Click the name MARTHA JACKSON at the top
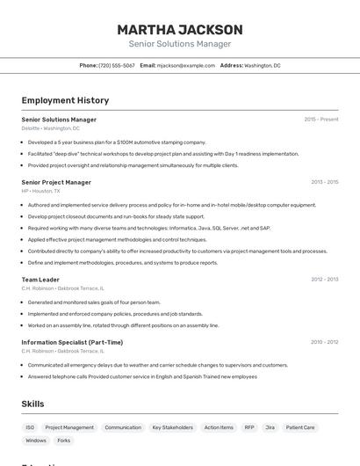180,30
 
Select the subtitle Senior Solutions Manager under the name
180,44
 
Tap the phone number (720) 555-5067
117,65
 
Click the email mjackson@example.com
186,65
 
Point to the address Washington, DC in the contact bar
263,65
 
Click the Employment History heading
65,100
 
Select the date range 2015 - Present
321,120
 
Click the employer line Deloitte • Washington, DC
50,128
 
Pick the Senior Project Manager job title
56,182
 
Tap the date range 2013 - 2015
324,182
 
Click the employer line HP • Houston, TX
40,191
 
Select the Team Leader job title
40,280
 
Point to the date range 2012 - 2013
324,280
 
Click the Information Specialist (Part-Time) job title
72,342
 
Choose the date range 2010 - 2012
324,342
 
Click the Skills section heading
33,404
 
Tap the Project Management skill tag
69,427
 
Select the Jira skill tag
270,427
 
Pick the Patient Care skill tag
300,427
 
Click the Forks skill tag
64,441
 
